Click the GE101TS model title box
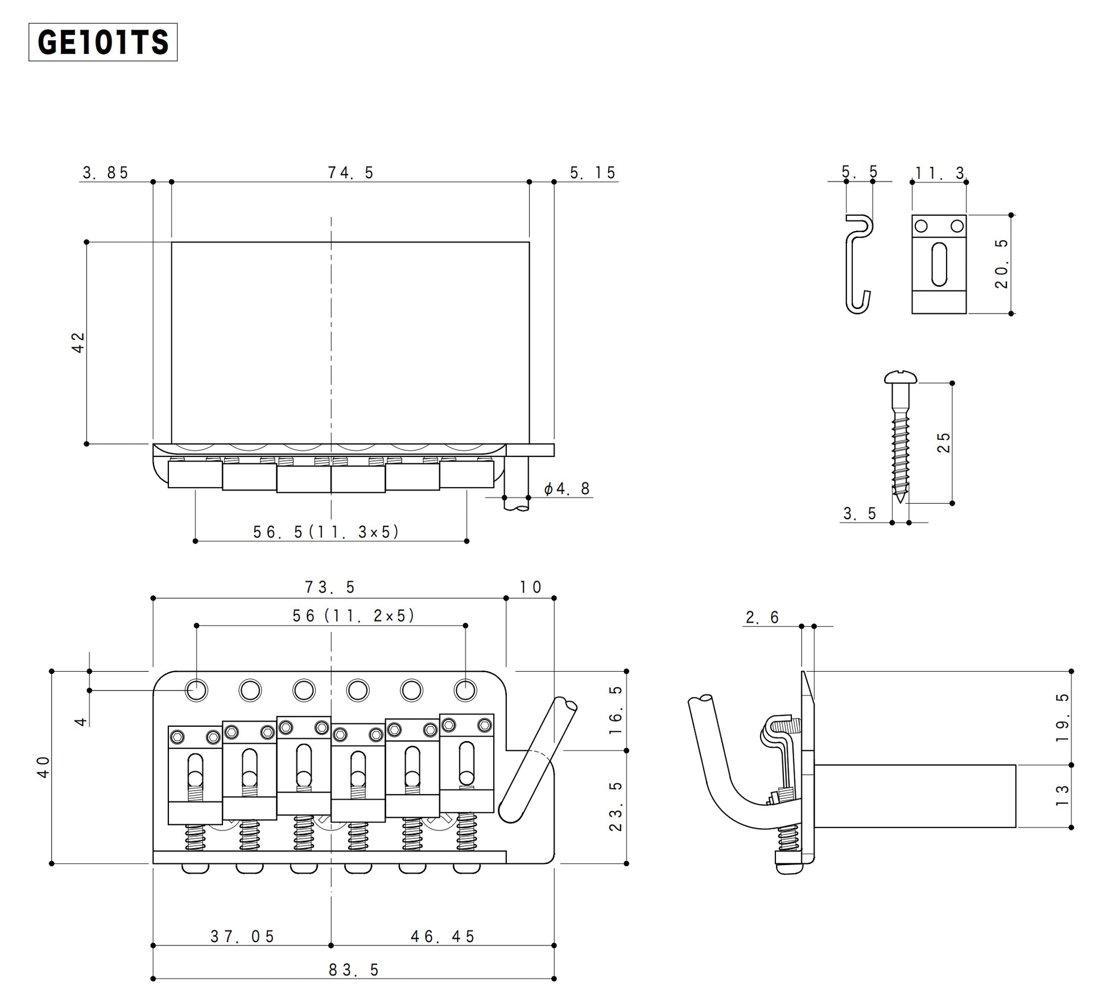coord(103,42)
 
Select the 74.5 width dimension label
coord(350,172)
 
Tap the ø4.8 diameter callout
coord(567,488)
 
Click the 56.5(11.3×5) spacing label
coord(327,532)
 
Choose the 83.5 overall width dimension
coord(353,970)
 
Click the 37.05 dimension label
coord(243,936)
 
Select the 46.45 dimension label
coord(443,936)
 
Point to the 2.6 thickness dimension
coord(762,617)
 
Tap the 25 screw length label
coord(943,442)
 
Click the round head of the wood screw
coord(901,376)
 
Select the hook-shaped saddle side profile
coord(858,265)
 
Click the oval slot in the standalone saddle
coord(939,265)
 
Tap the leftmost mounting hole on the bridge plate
coord(196,690)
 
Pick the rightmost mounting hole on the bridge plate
coord(465,690)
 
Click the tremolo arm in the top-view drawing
coord(538,760)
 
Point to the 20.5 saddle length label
coord(1001,264)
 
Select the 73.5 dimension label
coord(330,587)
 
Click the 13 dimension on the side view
coord(1061,795)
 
